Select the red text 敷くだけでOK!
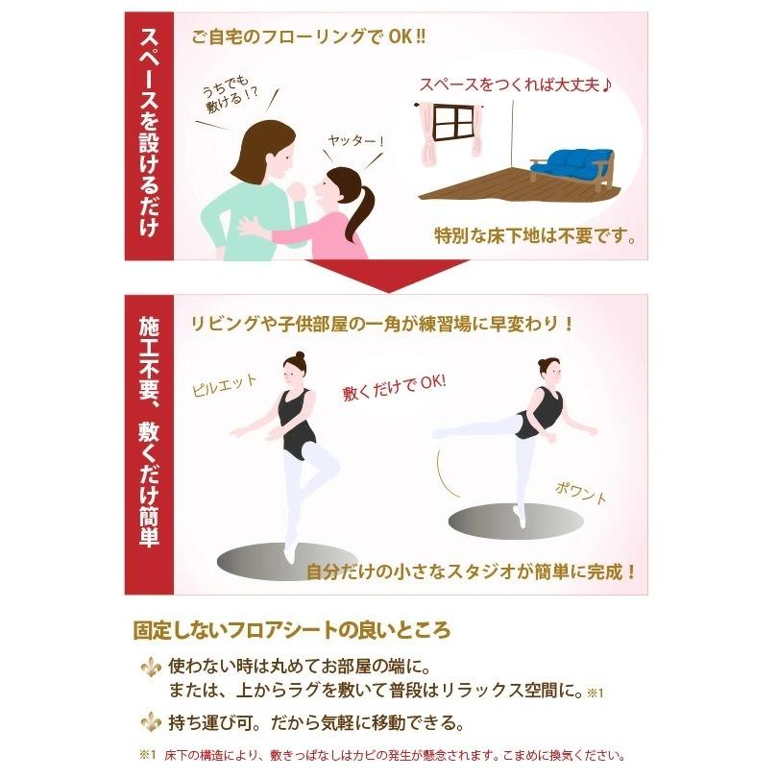(395, 388)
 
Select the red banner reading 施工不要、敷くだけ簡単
(150, 443)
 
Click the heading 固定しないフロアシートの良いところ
(291, 631)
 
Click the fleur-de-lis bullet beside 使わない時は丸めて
(150, 666)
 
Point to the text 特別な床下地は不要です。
(534, 235)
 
